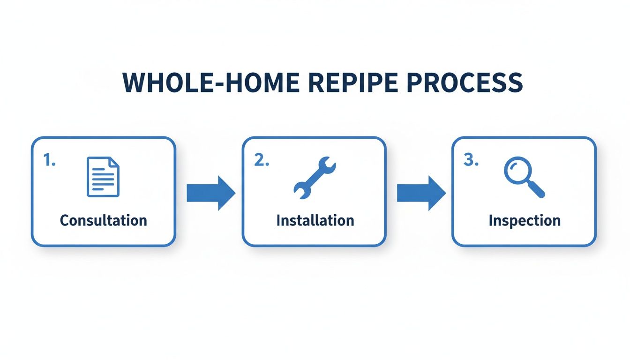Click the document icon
103,177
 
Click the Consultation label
103,220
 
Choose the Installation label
315,220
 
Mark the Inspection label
524,220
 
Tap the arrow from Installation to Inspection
420,193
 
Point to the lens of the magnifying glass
517,170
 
